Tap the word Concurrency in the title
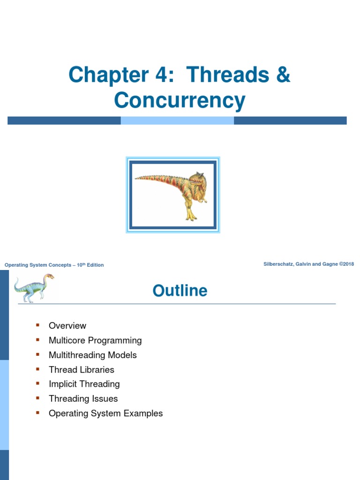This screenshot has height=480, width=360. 180,100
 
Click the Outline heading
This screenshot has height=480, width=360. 180,291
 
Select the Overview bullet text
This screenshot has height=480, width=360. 67,325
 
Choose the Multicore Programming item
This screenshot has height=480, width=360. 95,340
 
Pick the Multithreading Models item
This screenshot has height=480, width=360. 93,355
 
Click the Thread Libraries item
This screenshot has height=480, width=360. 82,369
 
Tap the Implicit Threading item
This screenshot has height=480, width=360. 84,384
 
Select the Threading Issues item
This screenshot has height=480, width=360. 83,398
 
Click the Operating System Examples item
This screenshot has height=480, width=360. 106,413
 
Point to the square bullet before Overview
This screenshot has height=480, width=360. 38,325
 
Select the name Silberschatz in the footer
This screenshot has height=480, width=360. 280,264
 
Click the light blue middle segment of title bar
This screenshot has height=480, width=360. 177,120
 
